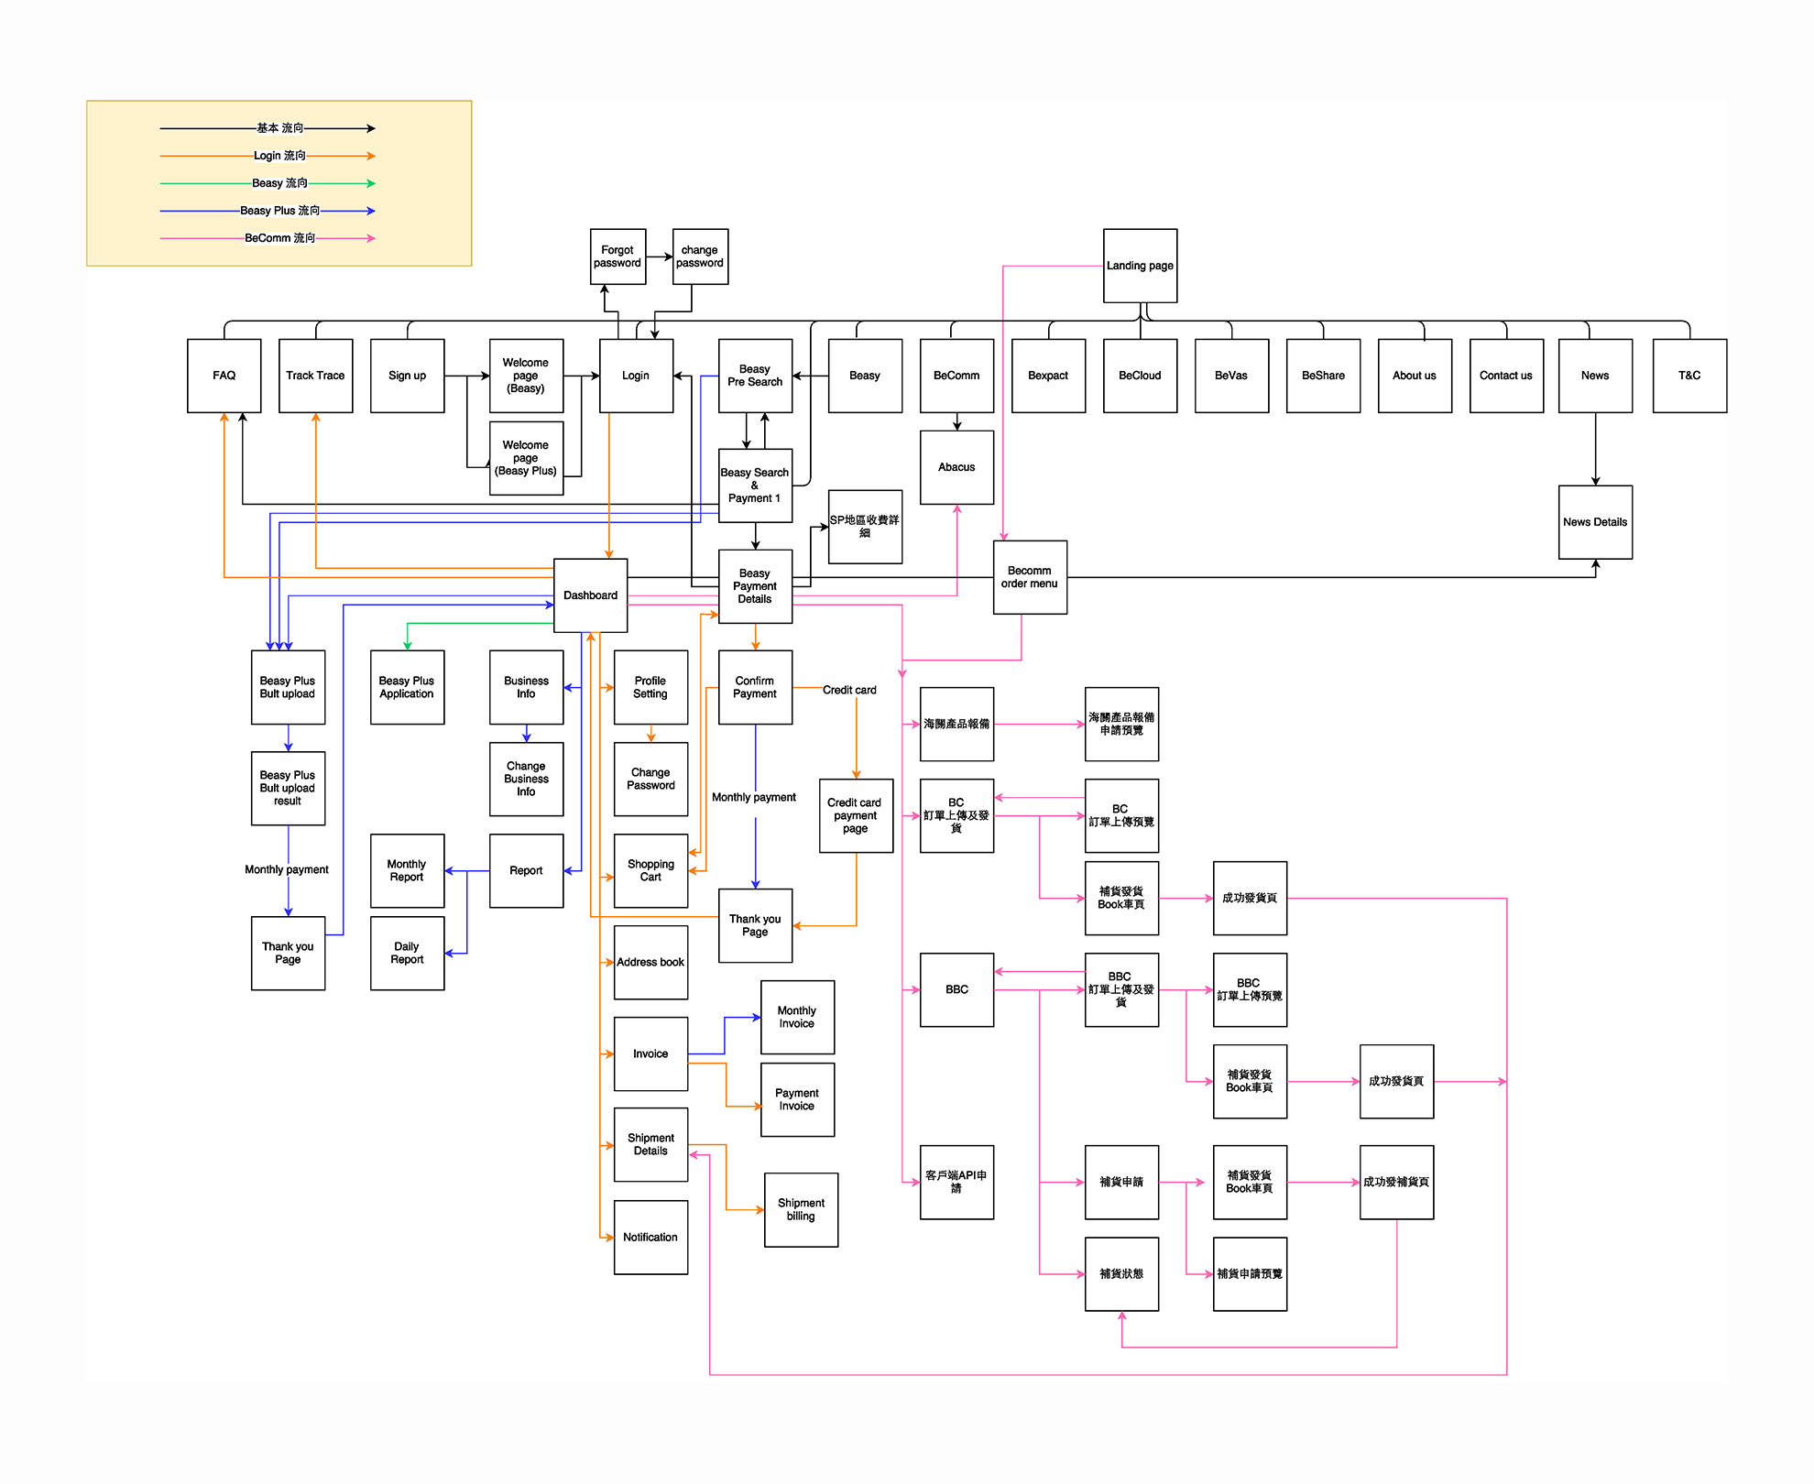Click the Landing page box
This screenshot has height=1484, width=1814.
click(x=1140, y=266)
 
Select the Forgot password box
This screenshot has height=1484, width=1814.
click(x=617, y=256)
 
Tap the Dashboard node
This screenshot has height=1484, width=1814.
click(x=590, y=595)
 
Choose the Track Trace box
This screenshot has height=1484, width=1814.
click(x=315, y=376)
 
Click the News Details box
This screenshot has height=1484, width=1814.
click(x=1595, y=522)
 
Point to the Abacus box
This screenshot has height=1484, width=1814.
click(x=956, y=467)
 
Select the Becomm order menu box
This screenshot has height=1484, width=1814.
click(x=1030, y=577)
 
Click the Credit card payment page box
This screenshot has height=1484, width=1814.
click(x=856, y=815)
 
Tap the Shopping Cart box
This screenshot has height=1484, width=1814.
click(x=650, y=870)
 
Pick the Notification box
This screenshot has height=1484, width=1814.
click(x=650, y=1237)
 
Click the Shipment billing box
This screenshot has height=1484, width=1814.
click(x=801, y=1209)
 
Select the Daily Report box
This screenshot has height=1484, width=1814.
click(x=407, y=953)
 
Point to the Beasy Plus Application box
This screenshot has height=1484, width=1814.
click(x=407, y=687)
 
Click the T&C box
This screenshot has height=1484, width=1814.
click(x=1689, y=376)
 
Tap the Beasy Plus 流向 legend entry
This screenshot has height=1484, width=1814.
click(x=280, y=211)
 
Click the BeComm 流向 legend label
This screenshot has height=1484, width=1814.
click(x=280, y=238)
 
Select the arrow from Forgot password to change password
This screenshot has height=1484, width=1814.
click(x=660, y=256)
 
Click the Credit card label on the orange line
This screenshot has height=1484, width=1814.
click(x=849, y=690)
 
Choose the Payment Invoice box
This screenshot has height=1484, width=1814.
click(x=797, y=1099)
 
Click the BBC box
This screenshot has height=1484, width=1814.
click(x=956, y=989)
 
